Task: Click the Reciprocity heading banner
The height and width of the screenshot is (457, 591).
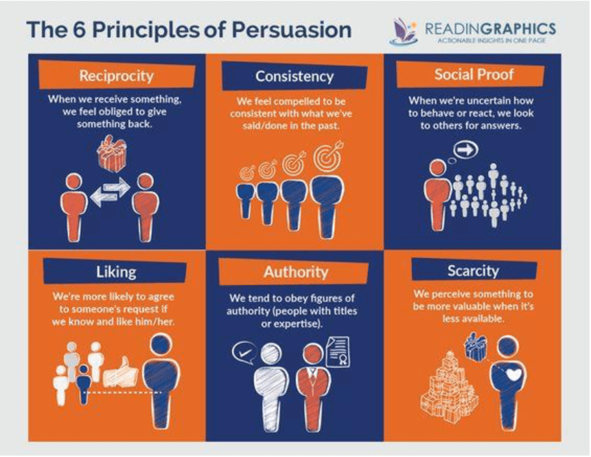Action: pyautogui.click(x=117, y=75)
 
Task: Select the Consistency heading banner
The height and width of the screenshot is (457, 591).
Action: pyautogui.click(x=294, y=76)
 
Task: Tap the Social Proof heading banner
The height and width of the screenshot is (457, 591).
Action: pyautogui.click(x=471, y=75)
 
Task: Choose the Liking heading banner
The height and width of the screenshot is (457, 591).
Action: pyautogui.click(x=115, y=271)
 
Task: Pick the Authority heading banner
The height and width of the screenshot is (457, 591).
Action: pyautogui.click(x=294, y=272)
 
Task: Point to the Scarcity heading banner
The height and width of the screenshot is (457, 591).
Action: pyautogui.click(x=474, y=270)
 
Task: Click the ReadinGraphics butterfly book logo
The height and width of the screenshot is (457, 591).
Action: pyautogui.click(x=403, y=32)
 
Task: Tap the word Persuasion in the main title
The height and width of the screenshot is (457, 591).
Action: pyautogui.click(x=291, y=30)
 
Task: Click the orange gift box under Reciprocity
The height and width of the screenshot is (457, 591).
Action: pyautogui.click(x=111, y=153)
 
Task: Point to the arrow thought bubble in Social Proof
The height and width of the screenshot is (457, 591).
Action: pyautogui.click(x=466, y=150)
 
